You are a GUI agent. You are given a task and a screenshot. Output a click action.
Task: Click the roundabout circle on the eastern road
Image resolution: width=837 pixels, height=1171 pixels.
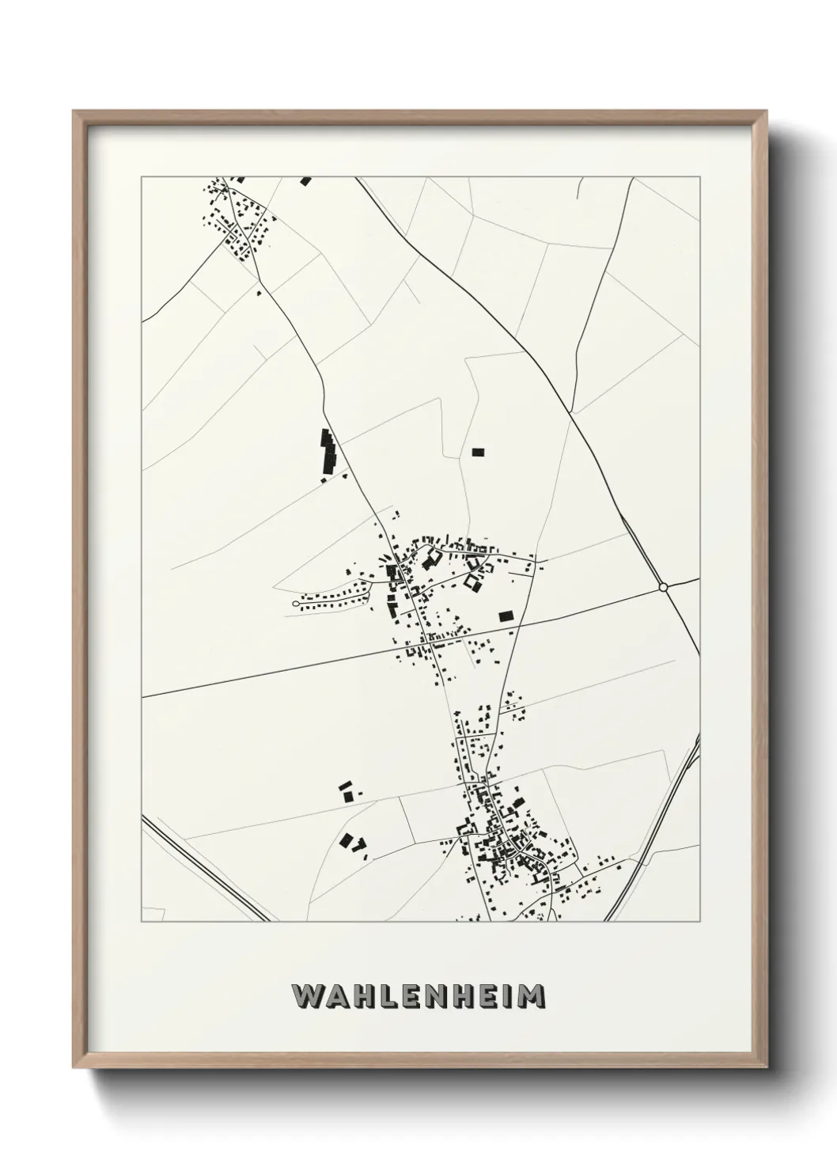pyautogui.click(x=663, y=587)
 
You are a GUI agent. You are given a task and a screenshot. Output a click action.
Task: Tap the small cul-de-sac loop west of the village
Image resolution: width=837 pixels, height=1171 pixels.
pyautogui.click(x=295, y=604)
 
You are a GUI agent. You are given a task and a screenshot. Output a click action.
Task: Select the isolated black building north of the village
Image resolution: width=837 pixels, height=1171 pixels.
pyautogui.click(x=477, y=453)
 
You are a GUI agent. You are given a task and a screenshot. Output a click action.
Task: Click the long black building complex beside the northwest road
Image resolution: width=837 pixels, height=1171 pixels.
pyautogui.click(x=327, y=451)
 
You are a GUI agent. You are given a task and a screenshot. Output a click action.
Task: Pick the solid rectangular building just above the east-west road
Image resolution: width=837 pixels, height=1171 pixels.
pyautogui.click(x=505, y=615)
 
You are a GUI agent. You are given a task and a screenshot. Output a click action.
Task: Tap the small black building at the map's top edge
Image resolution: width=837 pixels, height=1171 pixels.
pyautogui.click(x=305, y=181)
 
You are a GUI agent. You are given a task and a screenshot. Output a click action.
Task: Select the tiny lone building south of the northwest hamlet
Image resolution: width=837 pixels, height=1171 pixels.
pyautogui.click(x=259, y=293)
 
